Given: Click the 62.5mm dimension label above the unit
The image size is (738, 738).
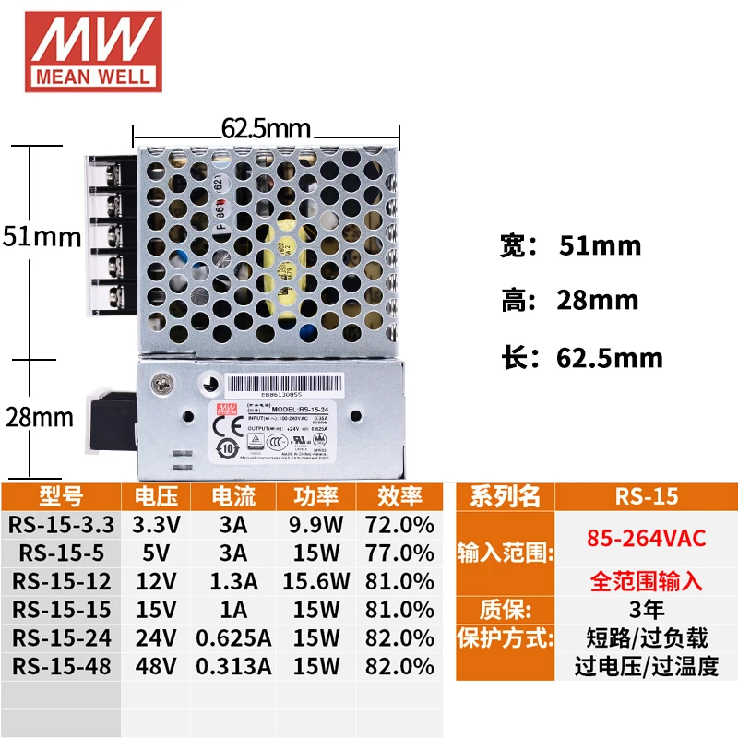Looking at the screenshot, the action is tap(266, 128).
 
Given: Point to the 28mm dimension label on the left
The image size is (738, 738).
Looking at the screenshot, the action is tap(39, 417).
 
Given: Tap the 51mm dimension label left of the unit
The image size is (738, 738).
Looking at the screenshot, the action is tap(42, 237).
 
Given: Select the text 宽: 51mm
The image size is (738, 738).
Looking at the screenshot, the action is tap(570, 246).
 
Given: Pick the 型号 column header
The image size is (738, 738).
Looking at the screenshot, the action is tap(61, 496).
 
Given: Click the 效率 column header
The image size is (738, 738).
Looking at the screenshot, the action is tap(399, 496).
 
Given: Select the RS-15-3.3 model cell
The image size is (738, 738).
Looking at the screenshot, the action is tap(62, 525).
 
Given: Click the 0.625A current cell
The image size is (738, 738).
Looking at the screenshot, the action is tap(233, 637).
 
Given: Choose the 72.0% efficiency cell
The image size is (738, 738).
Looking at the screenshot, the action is tap(399, 525).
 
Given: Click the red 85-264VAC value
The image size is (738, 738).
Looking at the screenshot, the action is tap(646, 538).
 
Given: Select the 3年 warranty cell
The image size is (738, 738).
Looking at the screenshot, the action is tap(646, 609).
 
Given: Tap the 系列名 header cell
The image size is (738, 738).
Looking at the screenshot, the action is tap(505, 496).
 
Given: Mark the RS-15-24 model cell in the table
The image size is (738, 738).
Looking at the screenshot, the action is tap(62, 637).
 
